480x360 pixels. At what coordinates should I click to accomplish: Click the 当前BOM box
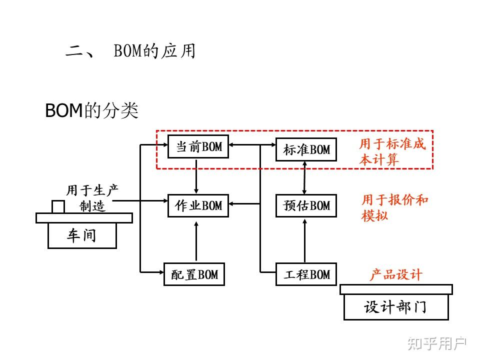pyautogui.click(x=198, y=146)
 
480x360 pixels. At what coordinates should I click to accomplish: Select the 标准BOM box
pyautogui.click(x=306, y=149)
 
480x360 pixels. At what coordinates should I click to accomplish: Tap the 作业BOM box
pyautogui.click(x=198, y=205)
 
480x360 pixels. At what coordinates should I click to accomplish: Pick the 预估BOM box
pyautogui.click(x=306, y=205)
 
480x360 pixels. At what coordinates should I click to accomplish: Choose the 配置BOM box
pyautogui.click(x=194, y=274)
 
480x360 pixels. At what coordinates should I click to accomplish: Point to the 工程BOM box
pyautogui.click(x=306, y=274)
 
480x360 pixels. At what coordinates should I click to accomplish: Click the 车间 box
pyautogui.click(x=82, y=235)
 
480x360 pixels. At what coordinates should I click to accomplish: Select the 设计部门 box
pyautogui.click(x=395, y=306)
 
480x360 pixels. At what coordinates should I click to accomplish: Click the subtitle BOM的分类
pyautogui.click(x=91, y=111)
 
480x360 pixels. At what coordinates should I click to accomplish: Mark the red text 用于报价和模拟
pyautogui.click(x=394, y=207)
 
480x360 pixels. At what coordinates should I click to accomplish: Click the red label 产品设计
pyautogui.click(x=395, y=274)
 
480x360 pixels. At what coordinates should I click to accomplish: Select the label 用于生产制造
pyautogui.click(x=92, y=198)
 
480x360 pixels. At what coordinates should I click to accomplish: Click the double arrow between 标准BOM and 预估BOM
pyautogui.click(x=304, y=177)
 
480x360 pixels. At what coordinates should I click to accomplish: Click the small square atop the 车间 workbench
pyautogui.click(x=58, y=206)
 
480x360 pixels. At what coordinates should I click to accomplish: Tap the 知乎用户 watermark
pyautogui.click(x=436, y=343)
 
